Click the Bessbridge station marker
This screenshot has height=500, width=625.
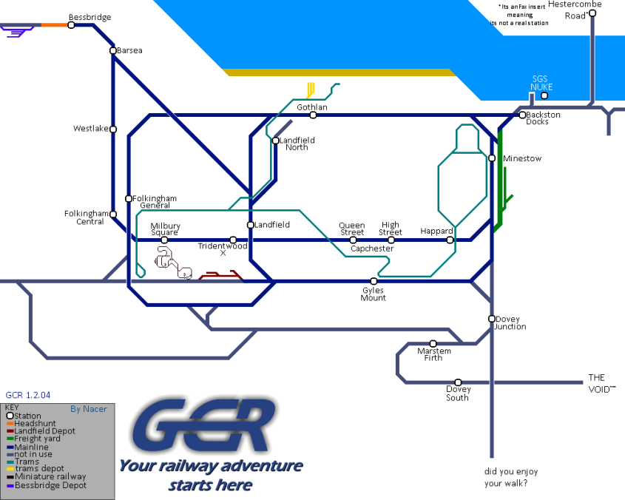71,25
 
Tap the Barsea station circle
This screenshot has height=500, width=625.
113,51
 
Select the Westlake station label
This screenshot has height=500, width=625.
90,129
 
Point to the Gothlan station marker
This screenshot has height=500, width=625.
313,115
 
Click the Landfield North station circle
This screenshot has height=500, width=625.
275,141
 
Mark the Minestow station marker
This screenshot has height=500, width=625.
492,158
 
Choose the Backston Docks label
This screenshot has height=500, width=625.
543,118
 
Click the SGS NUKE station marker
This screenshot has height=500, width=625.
544,95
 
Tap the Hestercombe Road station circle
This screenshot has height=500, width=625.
592,13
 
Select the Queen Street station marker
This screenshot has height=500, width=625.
353,240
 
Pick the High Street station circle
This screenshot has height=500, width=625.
391,240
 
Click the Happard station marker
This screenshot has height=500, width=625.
450,240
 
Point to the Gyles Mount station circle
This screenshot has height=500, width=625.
374,281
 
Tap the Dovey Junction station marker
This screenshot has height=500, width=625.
491,319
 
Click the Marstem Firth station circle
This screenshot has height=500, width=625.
433,344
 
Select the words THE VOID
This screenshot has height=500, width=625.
600,383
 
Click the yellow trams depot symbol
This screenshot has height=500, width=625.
310,90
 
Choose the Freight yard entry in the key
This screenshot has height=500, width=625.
37,439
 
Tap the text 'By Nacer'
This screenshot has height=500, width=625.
88,409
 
